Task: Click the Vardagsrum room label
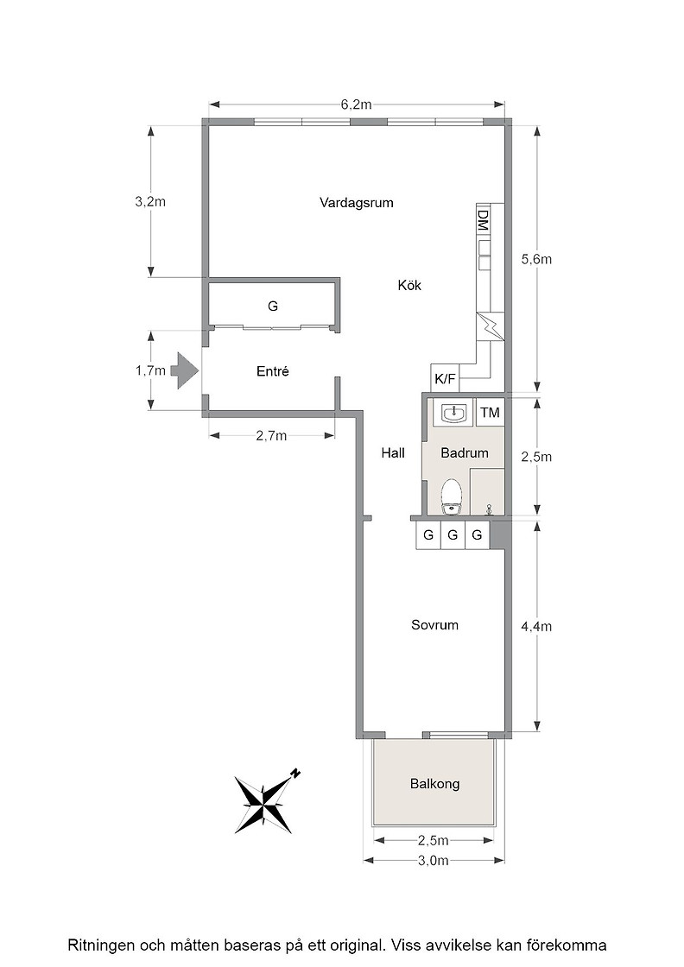coord(356,203)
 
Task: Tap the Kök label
coord(409,286)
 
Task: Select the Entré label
coord(273,371)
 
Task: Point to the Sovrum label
coord(434,625)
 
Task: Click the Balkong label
coord(434,784)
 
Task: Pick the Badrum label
coord(465,452)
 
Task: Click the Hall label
coord(393,452)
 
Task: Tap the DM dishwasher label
coord(483,220)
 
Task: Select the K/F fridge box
coord(445,378)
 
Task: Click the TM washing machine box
coord(491,412)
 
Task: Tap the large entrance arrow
coord(184,370)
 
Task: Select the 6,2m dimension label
coord(357,104)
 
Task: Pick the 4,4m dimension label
coord(536,627)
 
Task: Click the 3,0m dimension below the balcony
coord(433,860)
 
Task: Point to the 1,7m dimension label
coord(150,370)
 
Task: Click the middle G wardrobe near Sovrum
coord(453,534)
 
